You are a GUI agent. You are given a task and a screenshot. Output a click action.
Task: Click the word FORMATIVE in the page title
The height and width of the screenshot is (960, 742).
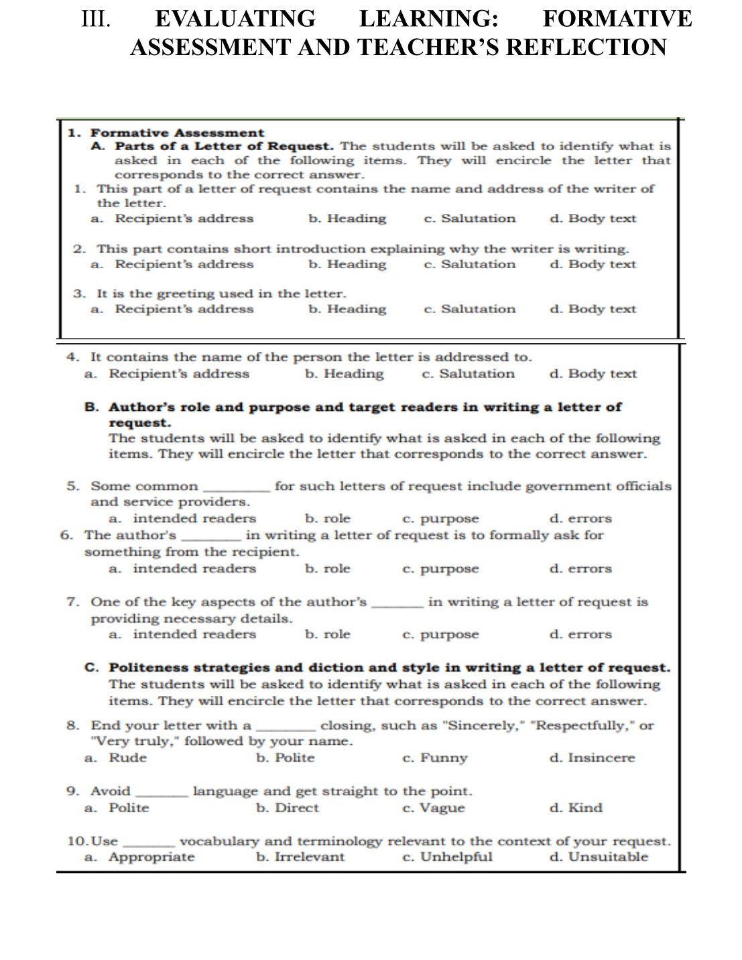617,18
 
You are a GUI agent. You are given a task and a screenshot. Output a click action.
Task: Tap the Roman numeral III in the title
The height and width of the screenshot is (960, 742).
96,18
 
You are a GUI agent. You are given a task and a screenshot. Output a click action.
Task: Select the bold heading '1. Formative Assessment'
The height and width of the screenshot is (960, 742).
166,133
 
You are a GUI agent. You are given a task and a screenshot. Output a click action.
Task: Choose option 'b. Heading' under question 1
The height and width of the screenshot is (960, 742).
347,219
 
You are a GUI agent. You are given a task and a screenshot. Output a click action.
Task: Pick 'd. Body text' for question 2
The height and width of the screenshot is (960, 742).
593,264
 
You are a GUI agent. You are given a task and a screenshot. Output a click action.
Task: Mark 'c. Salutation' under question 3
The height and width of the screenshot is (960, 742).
470,309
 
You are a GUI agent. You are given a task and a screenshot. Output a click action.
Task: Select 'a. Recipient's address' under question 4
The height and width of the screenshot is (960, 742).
167,374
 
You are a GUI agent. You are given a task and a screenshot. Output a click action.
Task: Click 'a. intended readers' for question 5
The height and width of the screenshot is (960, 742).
182,518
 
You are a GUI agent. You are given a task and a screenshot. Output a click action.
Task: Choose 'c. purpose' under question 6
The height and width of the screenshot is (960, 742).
440,569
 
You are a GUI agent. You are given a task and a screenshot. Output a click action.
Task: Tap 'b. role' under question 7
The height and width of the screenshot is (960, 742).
328,634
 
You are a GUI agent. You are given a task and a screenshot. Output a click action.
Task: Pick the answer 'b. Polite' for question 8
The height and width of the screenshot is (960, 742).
286,758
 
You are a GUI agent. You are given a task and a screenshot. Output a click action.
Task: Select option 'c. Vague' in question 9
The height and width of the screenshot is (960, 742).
434,808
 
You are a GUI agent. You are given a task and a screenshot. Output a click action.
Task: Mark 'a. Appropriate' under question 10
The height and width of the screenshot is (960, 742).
139,857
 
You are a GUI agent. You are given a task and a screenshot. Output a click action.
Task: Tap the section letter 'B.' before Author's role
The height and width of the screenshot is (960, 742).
92,407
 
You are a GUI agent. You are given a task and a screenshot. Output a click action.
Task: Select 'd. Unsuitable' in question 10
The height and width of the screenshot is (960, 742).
599,857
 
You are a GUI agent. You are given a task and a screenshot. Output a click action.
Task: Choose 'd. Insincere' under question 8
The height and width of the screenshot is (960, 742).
592,758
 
